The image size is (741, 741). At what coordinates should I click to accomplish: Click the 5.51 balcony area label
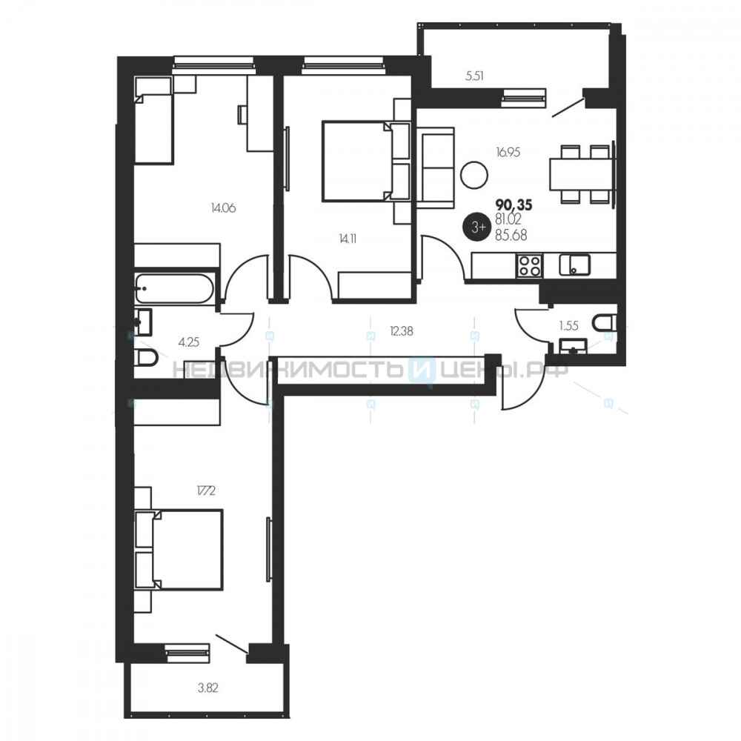tap(474, 76)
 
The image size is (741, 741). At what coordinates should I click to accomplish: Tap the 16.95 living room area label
tap(508, 152)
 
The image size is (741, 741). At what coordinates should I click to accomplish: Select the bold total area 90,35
tap(514, 205)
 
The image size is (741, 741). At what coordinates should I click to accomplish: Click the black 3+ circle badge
tap(478, 227)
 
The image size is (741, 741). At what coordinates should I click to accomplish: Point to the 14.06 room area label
tap(223, 207)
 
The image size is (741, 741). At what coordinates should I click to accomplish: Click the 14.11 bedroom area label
tap(348, 239)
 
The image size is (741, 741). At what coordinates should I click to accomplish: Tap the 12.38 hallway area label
tap(401, 331)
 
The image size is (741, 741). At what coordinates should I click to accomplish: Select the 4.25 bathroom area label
tap(188, 342)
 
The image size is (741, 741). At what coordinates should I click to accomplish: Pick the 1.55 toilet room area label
tap(568, 325)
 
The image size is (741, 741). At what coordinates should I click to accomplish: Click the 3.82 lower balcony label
tap(208, 688)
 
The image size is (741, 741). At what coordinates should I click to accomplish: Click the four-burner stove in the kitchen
tap(529, 265)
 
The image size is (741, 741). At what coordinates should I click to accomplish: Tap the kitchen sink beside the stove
tap(574, 265)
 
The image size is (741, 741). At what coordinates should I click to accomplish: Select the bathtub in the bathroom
tap(174, 288)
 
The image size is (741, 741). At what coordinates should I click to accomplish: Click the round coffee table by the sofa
tap(473, 175)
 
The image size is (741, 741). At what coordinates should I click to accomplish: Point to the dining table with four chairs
tap(581, 174)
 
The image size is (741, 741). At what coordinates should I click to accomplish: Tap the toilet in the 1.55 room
tap(606, 323)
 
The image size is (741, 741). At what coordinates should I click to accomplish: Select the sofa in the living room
tap(435, 167)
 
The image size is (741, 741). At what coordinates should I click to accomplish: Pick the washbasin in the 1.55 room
tap(573, 346)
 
